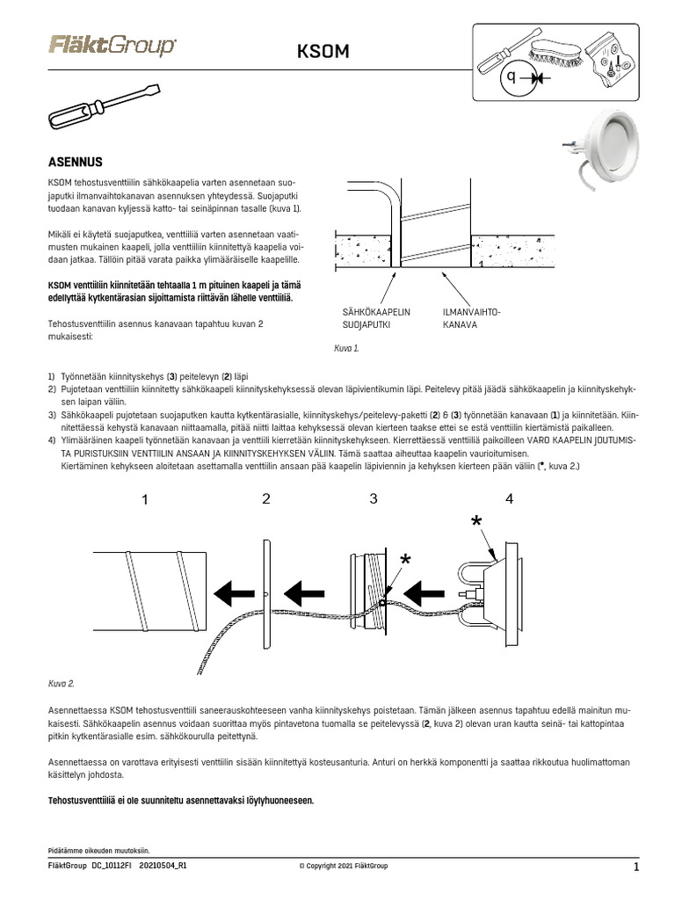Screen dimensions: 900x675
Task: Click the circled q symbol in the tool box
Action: point(513,78)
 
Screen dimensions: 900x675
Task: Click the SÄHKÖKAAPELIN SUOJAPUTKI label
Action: point(376,318)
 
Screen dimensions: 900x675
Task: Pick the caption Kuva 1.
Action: point(346,348)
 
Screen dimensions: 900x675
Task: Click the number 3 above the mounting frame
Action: point(373,499)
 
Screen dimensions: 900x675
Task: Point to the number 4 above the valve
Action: point(509,499)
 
